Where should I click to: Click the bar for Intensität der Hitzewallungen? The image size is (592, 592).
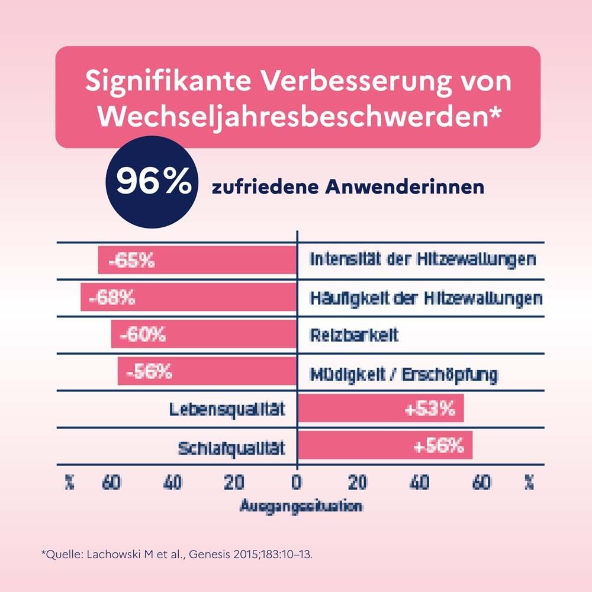(197, 260)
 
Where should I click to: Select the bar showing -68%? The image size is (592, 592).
(188, 298)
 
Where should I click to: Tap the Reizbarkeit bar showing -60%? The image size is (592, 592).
(204, 335)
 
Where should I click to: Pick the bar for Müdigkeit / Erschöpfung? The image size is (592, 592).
(207, 372)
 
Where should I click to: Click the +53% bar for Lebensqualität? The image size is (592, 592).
(380, 410)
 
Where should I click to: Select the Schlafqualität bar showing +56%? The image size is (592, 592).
(385, 446)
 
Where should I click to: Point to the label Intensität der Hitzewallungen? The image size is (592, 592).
(423, 260)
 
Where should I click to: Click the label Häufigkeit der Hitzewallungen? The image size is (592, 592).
(426, 298)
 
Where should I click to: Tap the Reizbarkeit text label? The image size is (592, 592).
(354, 335)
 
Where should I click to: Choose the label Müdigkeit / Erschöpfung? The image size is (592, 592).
(404, 374)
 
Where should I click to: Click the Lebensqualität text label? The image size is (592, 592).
(227, 410)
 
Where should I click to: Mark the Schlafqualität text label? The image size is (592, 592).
(231, 448)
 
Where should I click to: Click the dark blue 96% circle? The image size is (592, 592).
(149, 184)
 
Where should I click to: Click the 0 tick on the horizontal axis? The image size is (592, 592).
(296, 483)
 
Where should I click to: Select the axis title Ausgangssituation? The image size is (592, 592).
(301, 507)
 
